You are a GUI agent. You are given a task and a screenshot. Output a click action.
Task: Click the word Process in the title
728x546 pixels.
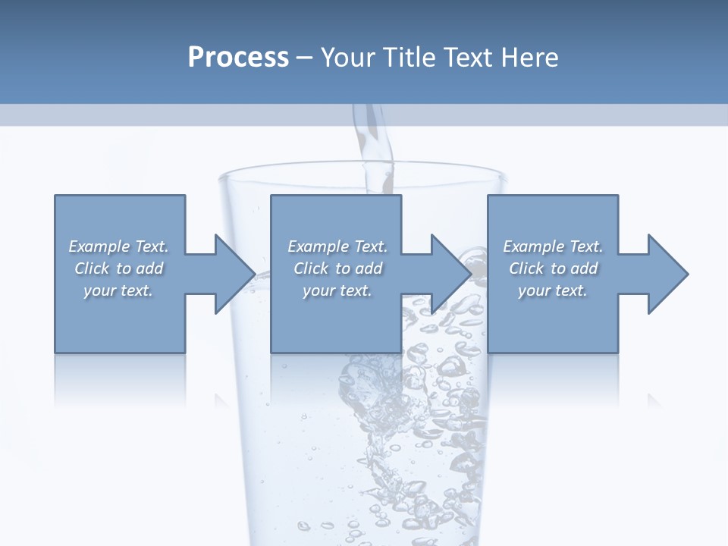tap(238, 58)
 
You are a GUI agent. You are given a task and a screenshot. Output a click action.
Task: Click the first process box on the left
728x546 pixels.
tap(119, 318)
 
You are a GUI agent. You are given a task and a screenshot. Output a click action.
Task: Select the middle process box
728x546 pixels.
tap(336, 318)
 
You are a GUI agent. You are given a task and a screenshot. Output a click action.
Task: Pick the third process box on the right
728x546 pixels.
tap(552, 318)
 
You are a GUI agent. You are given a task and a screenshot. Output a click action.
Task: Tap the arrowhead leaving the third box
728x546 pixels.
tap(667, 274)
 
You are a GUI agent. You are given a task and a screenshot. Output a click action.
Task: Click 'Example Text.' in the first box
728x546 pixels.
tap(118, 246)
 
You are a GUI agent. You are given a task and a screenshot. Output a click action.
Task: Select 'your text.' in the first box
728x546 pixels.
tap(118, 290)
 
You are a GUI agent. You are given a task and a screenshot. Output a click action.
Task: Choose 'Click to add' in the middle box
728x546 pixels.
tap(337, 268)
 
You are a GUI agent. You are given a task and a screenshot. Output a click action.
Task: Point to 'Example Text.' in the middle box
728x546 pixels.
tap(337, 246)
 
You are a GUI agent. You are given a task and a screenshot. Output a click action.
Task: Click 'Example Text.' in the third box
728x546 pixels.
tap(553, 246)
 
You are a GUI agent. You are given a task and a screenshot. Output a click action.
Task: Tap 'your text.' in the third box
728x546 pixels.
tap(553, 290)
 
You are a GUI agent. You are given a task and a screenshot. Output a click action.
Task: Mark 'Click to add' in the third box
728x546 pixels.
tap(553, 268)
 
